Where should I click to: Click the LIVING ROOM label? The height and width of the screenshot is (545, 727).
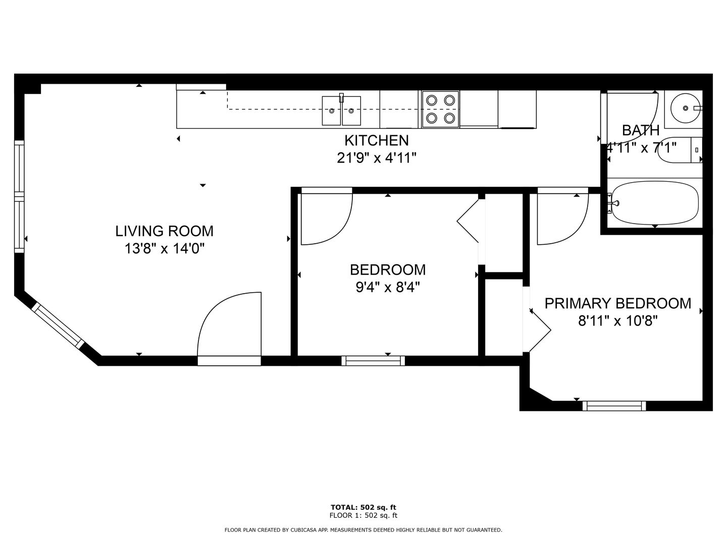pyautogui.click(x=164, y=231)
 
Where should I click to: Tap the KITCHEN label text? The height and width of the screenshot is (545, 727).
pyautogui.click(x=377, y=141)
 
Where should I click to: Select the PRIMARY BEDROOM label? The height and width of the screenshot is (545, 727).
pyautogui.click(x=618, y=303)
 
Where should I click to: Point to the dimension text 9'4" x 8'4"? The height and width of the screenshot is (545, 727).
pyautogui.click(x=388, y=287)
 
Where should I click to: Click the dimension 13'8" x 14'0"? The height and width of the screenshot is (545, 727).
pyautogui.click(x=165, y=248)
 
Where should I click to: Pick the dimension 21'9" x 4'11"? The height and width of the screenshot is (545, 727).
pyautogui.click(x=377, y=158)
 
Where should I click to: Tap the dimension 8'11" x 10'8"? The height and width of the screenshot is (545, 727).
pyautogui.click(x=618, y=320)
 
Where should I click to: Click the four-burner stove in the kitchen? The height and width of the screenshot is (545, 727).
pyautogui.click(x=441, y=109)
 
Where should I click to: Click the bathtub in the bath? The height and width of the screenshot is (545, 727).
pyautogui.click(x=655, y=202)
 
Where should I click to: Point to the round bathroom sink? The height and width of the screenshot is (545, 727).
pyautogui.click(x=685, y=108)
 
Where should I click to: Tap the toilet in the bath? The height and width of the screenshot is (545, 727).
pyautogui.click(x=680, y=149)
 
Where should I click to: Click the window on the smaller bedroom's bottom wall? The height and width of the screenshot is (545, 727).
pyautogui.click(x=373, y=361)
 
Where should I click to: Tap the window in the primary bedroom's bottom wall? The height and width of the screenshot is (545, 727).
pyautogui.click(x=614, y=406)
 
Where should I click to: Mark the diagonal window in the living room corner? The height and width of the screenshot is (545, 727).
pyautogui.click(x=58, y=325)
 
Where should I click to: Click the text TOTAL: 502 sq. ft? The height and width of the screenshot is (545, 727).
pyautogui.click(x=363, y=507)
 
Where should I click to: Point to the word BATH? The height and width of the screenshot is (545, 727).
pyautogui.click(x=641, y=130)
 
